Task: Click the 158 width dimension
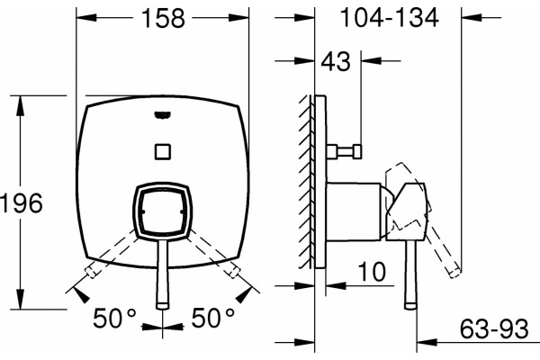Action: pos(163,18)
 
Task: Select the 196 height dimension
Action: pos(22,202)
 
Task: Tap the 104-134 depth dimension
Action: pos(389,18)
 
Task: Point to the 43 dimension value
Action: pos(336,62)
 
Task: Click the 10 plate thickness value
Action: pos(372,272)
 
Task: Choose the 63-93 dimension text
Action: pos(494,328)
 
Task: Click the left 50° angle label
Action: pos(114,318)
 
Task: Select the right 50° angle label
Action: pos(213,318)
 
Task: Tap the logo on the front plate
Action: pos(162,115)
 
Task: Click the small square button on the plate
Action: pos(163,151)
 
